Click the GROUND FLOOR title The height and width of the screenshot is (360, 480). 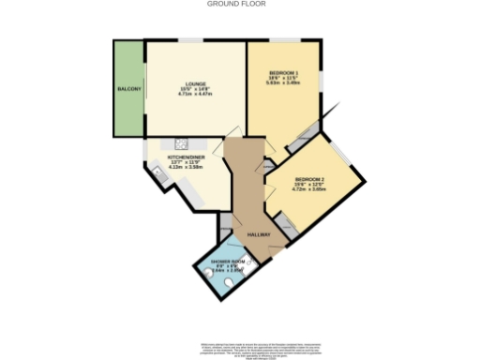click(x=236, y=4)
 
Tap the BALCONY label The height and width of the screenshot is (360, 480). click(x=128, y=89)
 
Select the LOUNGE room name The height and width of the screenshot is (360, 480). click(x=196, y=84)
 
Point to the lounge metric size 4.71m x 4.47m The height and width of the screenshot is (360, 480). click(x=196, y=94)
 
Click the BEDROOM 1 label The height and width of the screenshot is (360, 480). click(x=283, y=73)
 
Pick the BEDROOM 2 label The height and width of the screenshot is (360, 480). click(x=309, y=179)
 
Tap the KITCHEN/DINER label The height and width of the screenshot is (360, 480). click(x=187, y=157)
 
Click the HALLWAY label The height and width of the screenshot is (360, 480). click(x=259, y=234)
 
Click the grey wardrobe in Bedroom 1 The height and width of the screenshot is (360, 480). click(x=302, y=140)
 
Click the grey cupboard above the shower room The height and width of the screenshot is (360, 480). click(x=225, y=226)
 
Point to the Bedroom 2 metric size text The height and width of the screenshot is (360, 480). click(x=309, y=189)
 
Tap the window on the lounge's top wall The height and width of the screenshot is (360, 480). click(x=191, y=39)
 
